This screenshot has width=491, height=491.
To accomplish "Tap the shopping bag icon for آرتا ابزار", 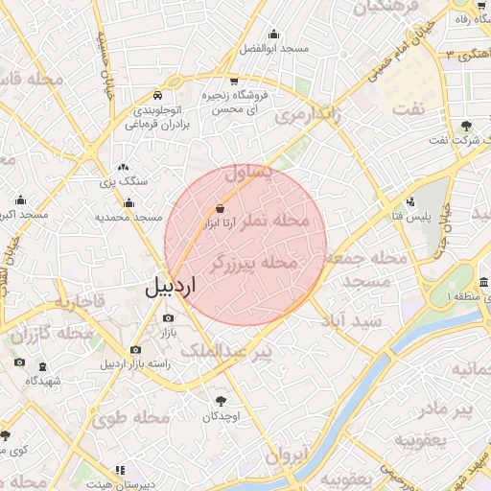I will [x=222, y=207].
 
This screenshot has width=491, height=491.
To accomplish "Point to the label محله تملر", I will [x=279, y=221].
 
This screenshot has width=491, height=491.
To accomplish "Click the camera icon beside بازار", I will [x=169, y=317].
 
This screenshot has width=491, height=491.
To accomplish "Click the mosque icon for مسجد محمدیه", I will [x=129, y=203].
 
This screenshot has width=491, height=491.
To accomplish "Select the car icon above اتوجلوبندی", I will [x=157, y=96].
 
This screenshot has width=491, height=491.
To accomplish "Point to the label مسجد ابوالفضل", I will [x=273, y=48].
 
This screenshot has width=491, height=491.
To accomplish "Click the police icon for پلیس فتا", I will [x=411, y=201].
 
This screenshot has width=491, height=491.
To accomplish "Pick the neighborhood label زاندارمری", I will [x=307, y=117].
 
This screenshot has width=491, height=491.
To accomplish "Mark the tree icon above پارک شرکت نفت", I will [x=467, y=126].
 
